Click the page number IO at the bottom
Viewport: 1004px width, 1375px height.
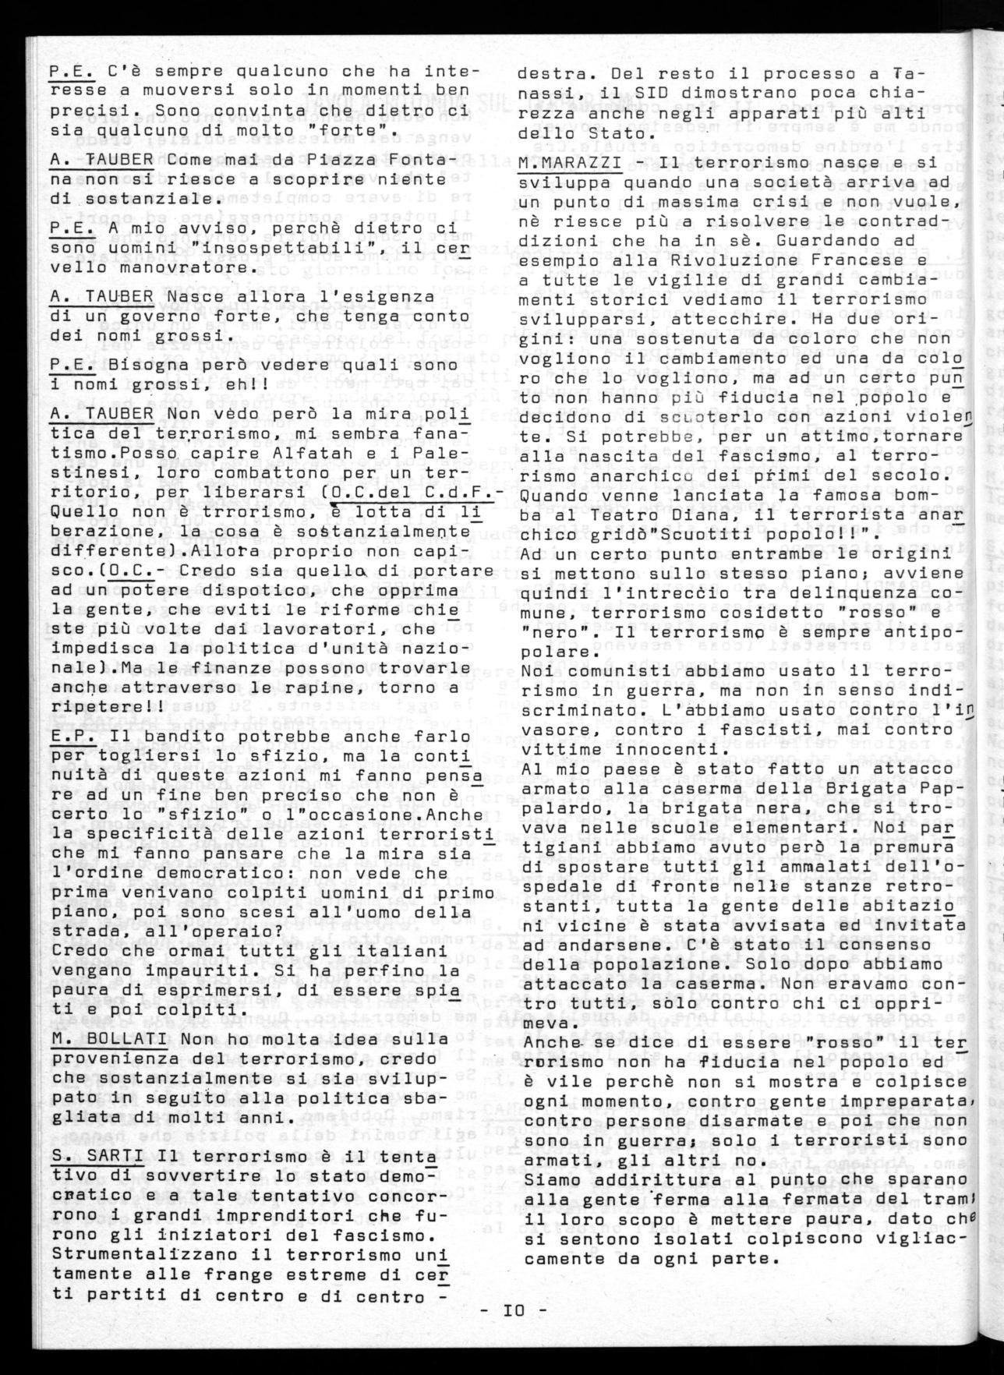[514, 1312]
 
